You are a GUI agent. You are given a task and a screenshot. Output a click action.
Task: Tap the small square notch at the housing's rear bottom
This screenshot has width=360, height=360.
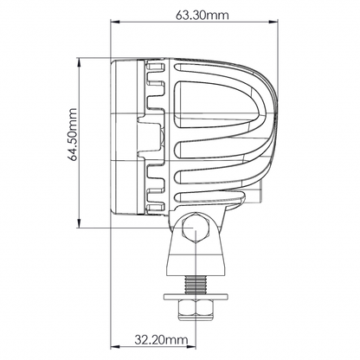(x=258, y=200)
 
